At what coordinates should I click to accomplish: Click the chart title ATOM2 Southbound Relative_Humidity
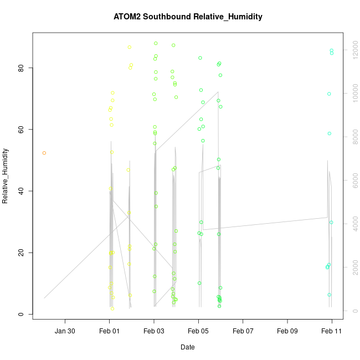[188, 17]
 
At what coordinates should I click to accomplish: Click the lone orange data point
[44, 153]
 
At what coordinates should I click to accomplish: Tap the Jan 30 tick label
[65, 331]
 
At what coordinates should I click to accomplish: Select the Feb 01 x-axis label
[110, 331]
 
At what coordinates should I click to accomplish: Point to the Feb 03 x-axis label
[154, 331]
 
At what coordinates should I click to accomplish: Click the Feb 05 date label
[198, 331]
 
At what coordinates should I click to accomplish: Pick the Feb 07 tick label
[243, 331]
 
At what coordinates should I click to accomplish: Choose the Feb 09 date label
[287, 331]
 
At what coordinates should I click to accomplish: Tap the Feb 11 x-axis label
[332, 331]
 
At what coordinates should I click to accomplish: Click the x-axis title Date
[188, 347]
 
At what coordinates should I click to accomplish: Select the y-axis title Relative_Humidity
[6, 176]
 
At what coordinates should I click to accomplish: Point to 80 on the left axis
[20, 68]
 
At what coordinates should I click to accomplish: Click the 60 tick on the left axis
[20, 130]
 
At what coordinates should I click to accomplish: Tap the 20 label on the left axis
[20, 253]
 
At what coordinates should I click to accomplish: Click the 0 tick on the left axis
[20, 314]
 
